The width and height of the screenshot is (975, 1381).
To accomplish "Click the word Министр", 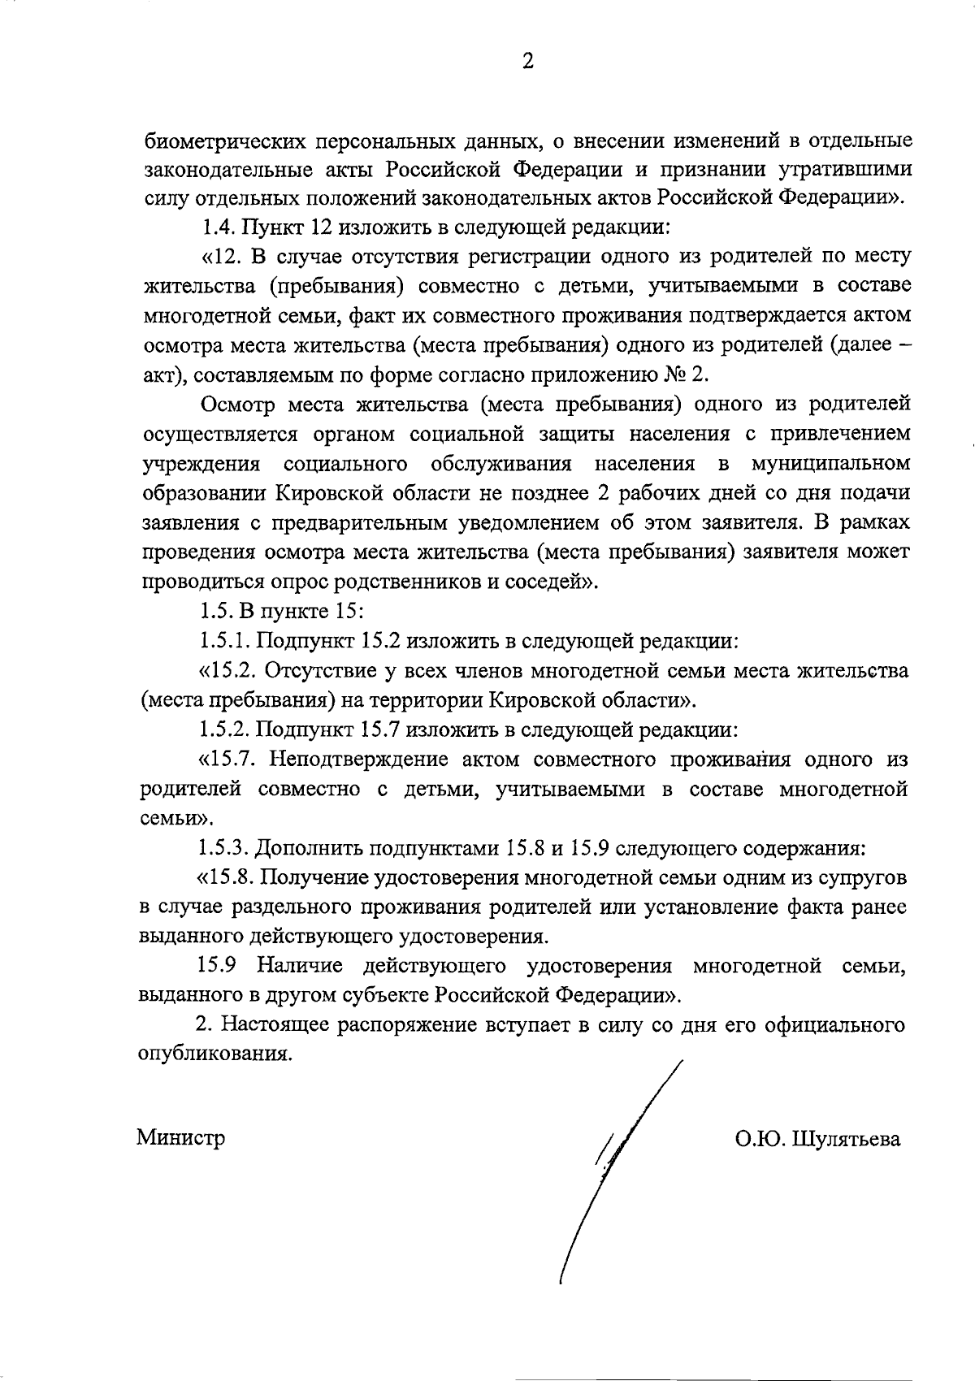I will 180,1137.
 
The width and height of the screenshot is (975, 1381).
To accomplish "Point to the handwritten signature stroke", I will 617,1170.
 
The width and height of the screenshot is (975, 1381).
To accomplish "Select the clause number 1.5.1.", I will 225,641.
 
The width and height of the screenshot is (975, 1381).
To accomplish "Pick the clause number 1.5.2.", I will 225,729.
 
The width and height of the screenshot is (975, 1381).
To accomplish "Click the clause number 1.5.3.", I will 225,849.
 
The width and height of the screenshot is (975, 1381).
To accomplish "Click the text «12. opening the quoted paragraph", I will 221,258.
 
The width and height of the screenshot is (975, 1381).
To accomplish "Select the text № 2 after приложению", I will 690,375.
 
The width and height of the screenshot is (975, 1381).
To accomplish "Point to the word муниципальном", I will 831,464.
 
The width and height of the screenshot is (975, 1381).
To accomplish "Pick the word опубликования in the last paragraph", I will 212,1054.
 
